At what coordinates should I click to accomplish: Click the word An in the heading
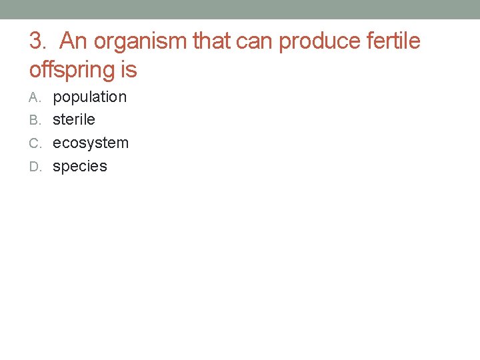pyautogui.click(x=74, y=41)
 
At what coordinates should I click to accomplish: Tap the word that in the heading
pyautogui.click(x=209, y=41)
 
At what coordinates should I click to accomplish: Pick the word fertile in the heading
pyautogui.click(x=393, y=41)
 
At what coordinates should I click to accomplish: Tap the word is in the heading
pyautogui.click(x=128, y=69)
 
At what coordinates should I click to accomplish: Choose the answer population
pyautogui.click(x=89, y=97)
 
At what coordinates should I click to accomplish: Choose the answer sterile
pyautogui.click(x=74, y=120)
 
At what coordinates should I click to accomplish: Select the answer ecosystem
pyautogui.click(x=91, y=143)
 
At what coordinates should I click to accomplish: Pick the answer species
pyautogui.click(x=80, y=167)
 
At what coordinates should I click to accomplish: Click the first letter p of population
pyautogui.click(x=57, y=98)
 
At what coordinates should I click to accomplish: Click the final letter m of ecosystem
pyautogui.click(x=123, y=143)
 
